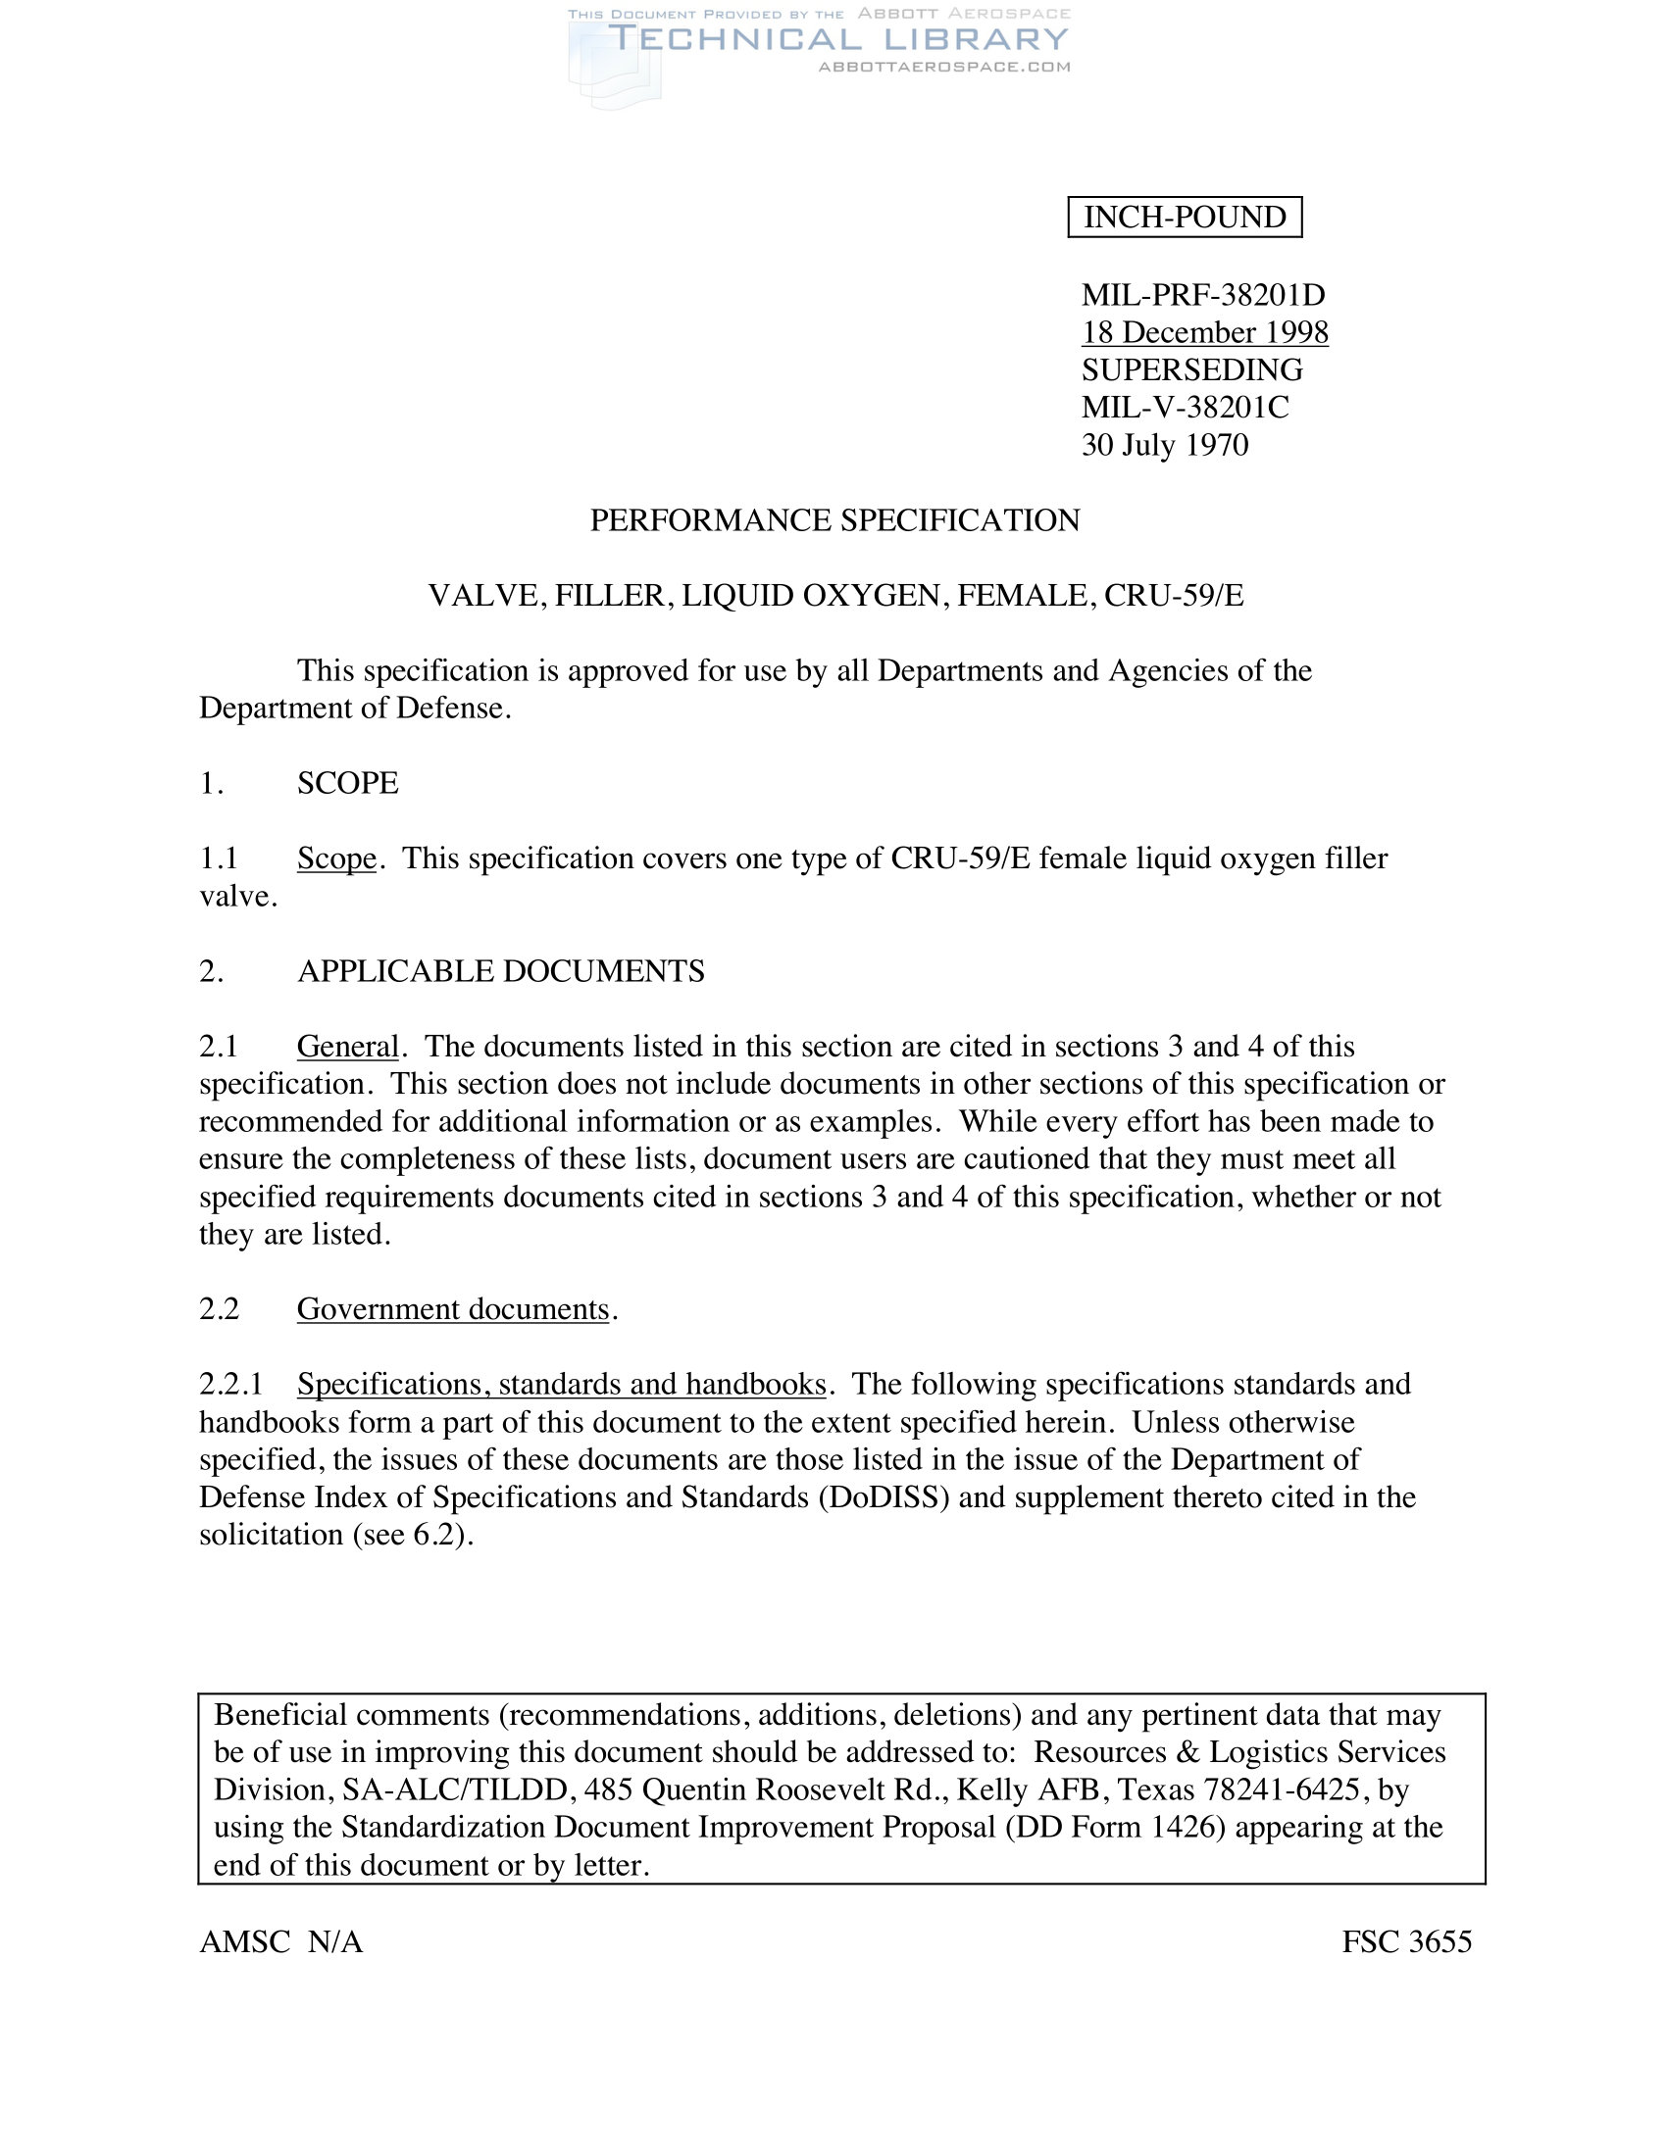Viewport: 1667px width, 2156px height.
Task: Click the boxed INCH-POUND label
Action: coord(1185,218)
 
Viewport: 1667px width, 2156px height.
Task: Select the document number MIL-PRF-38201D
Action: coord(1203,294)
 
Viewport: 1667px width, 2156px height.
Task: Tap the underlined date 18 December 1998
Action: coord(1205,332)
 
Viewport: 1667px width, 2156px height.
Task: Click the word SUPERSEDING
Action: coord(1192,370)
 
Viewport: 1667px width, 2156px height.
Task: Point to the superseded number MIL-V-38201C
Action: coord(1186,408)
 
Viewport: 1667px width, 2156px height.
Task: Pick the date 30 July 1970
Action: coord(1164,445)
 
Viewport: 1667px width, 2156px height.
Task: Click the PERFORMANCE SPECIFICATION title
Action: coord(834,520)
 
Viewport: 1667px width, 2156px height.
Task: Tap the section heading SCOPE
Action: coord(348,783)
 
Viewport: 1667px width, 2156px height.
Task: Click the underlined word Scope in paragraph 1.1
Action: coord(336,858)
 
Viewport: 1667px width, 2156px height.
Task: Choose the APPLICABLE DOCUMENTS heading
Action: coord(501,971)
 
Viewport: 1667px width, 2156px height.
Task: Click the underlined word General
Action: coord(348,1047)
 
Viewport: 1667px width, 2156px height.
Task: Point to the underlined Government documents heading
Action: coord(453,1310)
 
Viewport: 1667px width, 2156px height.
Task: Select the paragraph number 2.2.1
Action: coord(231,1385)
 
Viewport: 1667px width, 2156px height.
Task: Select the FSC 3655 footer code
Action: coord(1406,1942)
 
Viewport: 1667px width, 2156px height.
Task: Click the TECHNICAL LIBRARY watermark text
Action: coord(837,39)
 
